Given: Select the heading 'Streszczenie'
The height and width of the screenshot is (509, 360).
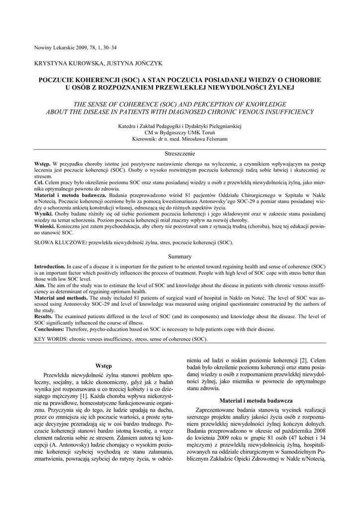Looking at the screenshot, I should click(180, 154).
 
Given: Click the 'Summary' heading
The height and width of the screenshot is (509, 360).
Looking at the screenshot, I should click(180, 256).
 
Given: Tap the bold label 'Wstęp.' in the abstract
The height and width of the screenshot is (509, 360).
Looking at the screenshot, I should click(42, 164).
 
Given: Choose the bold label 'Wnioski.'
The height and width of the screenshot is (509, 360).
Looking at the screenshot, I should click(45, 226).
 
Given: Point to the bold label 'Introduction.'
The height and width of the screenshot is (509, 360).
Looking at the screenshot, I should click(50, 266).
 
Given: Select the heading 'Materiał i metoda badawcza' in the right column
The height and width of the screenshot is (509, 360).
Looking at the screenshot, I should click(256, 400).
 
